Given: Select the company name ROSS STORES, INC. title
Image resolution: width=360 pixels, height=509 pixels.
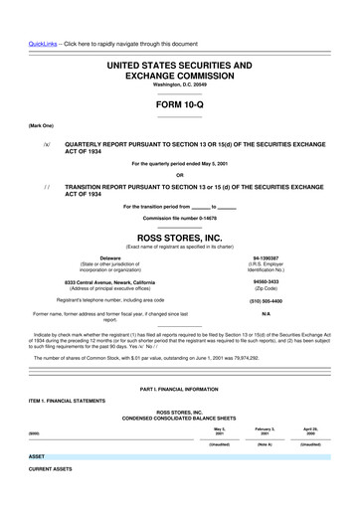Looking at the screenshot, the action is tap(179, 238).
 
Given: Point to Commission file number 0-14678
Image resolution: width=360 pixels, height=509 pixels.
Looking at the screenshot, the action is tap(179, 218).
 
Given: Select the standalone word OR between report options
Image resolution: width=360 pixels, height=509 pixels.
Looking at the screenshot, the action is tap(179, 175).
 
